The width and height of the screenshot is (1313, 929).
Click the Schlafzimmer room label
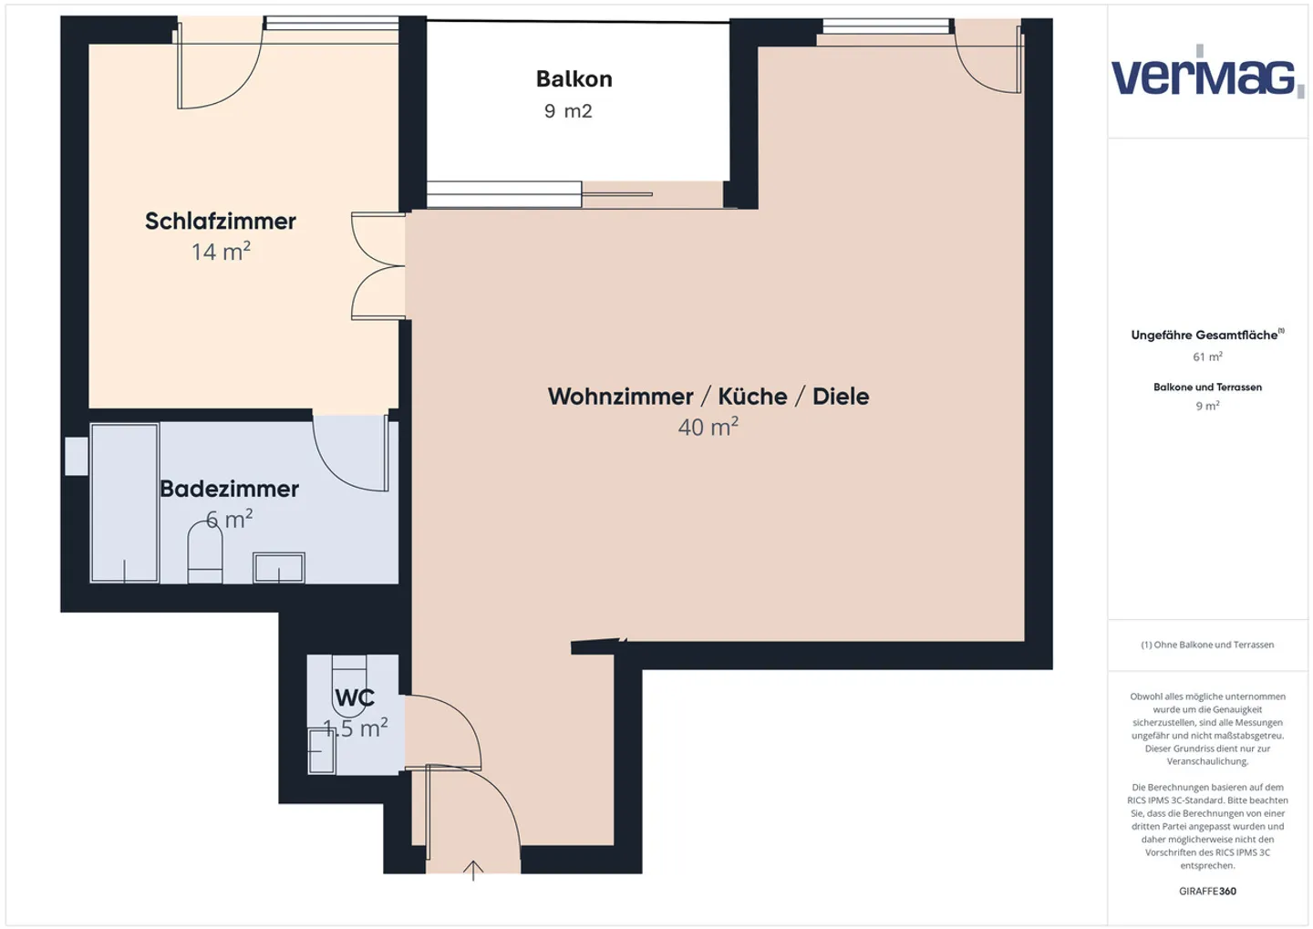pyautogui.click(x=221, y=222)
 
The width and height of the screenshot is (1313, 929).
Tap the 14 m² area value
pyautogui.click(x=221, y=252)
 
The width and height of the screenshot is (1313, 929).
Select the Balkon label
pyautogui.click(x=574, y=79)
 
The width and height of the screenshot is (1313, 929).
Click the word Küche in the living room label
pyautogui.click(x=752, y=397)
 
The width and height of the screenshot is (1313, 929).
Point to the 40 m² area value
pyautogui.click(x=708, y=427)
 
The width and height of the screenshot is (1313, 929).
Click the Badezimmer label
pyautogui.click(x=229, y=489)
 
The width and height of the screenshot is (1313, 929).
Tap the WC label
pyautogui.click(x=355, y=698)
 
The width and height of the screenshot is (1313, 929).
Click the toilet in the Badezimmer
pyautogui.click(x=205, y=551)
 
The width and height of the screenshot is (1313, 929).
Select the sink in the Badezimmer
pyautogui.click(x=279, y=567)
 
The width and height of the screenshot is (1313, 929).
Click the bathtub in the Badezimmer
pyautogui.click(x=125, y=502)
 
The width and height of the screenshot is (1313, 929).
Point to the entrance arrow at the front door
pyautogui.click(x=473, y=870)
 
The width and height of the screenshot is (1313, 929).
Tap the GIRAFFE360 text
pyautogui.click(x=1207, y=891)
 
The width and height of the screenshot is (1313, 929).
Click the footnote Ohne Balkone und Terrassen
pyautogui.click(x=1207, y=645)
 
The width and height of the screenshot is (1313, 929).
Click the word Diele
pyautogui.click(x=841, y=397)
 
